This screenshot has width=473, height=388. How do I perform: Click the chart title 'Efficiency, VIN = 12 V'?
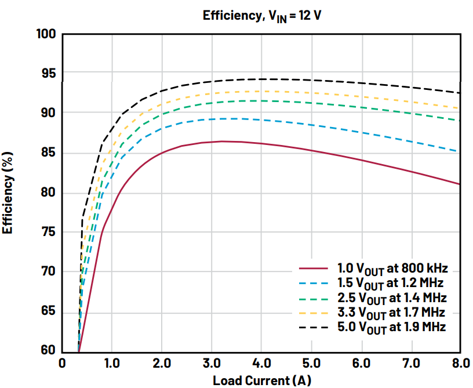pyautogui.click(x=261, y=16)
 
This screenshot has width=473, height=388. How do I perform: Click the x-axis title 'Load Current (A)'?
pyautogui.click(x=261, y=380)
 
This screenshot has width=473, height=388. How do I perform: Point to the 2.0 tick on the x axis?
pyautogui.click(x=162, y=364)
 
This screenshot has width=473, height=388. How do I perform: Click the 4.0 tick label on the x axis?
pyautogui.click(x=261, y=364)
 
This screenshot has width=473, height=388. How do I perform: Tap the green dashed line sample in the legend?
pyautogui.click(x=313, y=298)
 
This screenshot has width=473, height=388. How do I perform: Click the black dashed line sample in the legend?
pyautogui.click(x=313, y=328)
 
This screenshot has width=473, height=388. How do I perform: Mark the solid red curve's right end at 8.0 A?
pyautogui.click(x=460, y=184)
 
